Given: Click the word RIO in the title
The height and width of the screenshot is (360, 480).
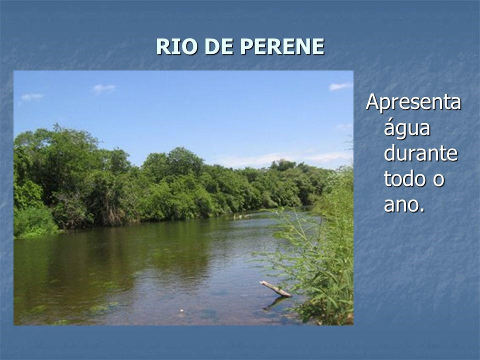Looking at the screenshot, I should [172, 47].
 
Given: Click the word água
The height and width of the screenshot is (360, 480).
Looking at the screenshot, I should [407, 129].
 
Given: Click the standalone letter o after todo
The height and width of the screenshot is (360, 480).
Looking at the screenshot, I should [438, 180].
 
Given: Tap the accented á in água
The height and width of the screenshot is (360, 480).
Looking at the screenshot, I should [390, 128].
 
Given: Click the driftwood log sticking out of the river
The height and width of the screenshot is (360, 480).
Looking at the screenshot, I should [274, 288].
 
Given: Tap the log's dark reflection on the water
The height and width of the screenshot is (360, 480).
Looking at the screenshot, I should [275, 301].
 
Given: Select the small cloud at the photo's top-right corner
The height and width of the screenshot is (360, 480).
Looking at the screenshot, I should [340, 86].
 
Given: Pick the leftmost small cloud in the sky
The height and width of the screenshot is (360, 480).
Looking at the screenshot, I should [31, 96].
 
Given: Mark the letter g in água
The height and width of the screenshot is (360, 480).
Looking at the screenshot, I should [401, 131].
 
